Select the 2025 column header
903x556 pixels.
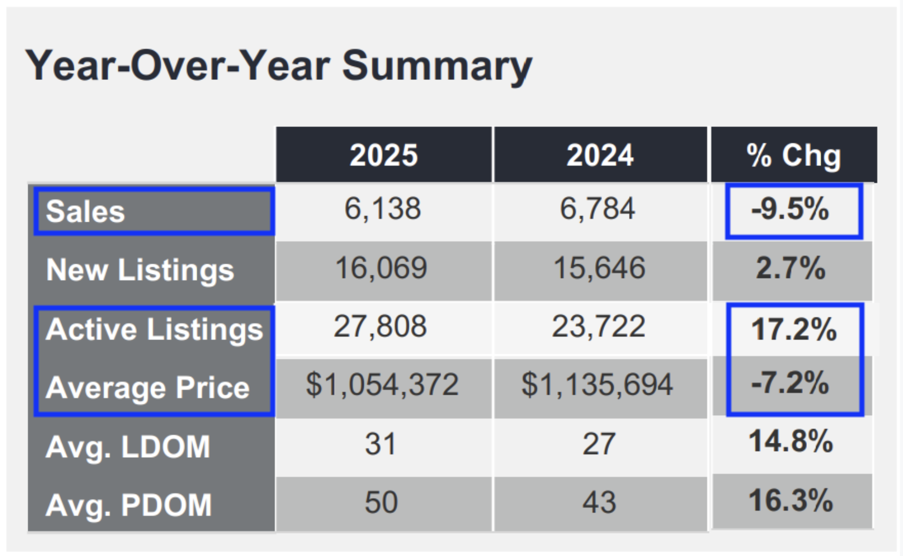coord(384,155)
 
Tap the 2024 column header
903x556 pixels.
coord(600,155)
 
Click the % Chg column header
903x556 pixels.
coord(793,155)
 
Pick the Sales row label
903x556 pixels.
coord(86,212)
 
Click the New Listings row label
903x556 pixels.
coord(140,270)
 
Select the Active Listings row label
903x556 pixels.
coord(154,329)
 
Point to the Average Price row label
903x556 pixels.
coord(147,387)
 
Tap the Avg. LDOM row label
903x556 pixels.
coord(128,447)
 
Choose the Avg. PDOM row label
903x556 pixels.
coord(128,505)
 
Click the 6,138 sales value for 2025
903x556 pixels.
coord(383,209)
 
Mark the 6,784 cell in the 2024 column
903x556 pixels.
coord(598,209)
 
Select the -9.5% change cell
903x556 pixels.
coord(790,209)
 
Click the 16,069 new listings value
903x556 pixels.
coord(381,268)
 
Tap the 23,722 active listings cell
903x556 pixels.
coord(598,326)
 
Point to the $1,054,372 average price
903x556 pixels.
coord(382,385)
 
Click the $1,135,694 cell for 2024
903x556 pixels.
coord(598,385)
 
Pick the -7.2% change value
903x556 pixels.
coord(790,383)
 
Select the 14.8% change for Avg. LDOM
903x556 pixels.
coord(791,441)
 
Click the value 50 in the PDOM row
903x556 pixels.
coord(381,502)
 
